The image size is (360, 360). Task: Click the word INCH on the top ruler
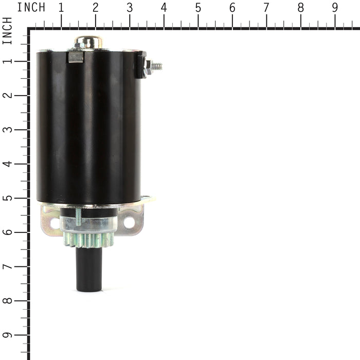[31, 8]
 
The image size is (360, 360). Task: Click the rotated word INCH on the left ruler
[7, 31]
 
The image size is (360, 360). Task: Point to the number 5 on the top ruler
[198, 8]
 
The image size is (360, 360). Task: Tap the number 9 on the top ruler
[335, 8]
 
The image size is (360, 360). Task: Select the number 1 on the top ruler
[61, 8]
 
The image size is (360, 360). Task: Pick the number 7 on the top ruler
[266, 8]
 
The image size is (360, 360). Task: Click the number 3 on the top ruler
[130, 8]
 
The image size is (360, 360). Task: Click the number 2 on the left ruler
[7, 95]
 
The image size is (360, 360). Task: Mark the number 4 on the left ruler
[7, 164]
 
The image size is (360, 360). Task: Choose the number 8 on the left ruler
[7, 300]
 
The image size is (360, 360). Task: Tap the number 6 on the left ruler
[7, 232]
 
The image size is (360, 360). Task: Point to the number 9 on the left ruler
[7, 335]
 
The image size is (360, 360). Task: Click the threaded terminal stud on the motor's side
[155, 66]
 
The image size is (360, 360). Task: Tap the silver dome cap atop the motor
[88, 42]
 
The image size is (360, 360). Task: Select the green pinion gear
[88, 240]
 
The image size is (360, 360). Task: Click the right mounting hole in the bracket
[129, 223]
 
